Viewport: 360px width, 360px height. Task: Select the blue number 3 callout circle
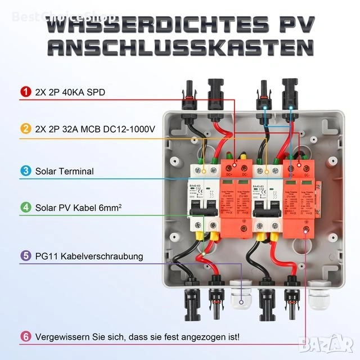tap(25, 171)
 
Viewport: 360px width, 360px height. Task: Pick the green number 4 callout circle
tap(25, 207)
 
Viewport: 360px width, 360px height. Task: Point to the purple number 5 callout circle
tap(25, 256)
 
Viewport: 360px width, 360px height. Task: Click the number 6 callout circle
tap(25, 337)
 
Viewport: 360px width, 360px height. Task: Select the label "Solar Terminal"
tap(64, 171)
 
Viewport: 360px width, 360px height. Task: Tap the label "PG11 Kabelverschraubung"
tap(89, 256)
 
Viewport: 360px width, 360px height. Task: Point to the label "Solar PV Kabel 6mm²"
tap(79, 207)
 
